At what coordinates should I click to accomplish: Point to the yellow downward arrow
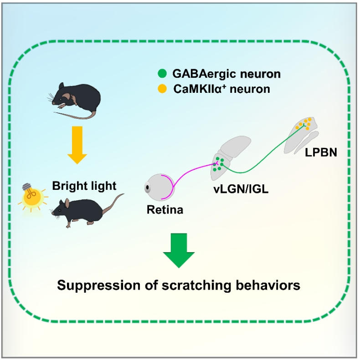[76, 144]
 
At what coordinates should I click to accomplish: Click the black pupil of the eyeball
[148, 187]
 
